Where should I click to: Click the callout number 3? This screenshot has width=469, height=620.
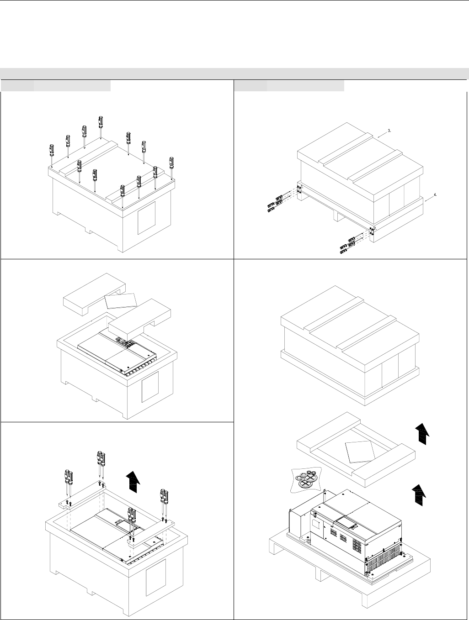(389, 130)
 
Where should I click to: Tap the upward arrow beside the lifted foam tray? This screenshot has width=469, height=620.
(423, 433)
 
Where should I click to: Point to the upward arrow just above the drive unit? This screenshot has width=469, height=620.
(418, 496)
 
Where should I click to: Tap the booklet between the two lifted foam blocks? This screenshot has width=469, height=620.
(121, 300)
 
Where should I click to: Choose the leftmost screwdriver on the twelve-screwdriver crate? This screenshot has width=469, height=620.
(52, 154)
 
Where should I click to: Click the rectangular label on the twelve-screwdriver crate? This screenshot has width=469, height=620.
(146, 217)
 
